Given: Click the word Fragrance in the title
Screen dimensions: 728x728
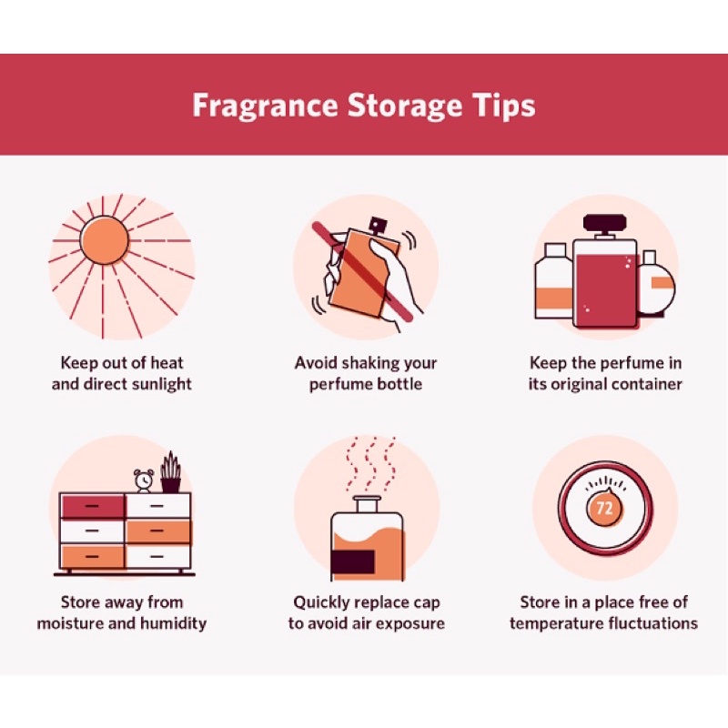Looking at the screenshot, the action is (265, 106).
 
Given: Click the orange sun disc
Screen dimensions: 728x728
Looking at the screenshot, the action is (104, 240).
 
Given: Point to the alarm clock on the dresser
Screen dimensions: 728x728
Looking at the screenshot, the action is (144, 480).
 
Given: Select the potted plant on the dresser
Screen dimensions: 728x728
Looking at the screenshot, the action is (171, 471).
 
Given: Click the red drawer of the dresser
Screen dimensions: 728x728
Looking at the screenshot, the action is (93, 506).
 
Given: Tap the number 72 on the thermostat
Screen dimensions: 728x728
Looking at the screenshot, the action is (604, 508).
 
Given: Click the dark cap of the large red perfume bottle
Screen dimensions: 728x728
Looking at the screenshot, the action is (603, 223).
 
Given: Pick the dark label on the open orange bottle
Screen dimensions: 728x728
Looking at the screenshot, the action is (353, 561).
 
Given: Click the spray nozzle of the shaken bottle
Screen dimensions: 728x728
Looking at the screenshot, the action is (377, 225).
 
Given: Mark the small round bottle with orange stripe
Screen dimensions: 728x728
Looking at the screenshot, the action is (655, 284).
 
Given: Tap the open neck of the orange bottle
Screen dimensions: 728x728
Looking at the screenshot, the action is (367, 502).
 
